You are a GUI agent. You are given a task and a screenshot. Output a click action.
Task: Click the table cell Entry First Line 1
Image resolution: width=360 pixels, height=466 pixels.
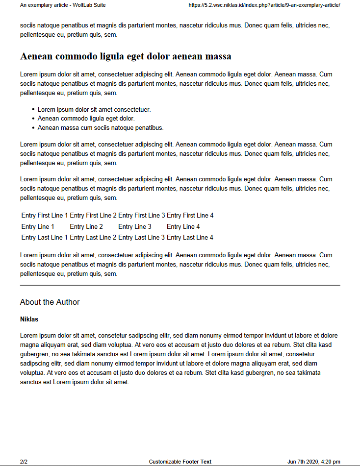coord(45,216)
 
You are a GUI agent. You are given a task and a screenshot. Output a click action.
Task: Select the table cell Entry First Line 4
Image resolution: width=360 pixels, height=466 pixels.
coord(190,216)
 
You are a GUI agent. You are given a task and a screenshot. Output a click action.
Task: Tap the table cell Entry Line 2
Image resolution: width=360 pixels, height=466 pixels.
coord(86,227)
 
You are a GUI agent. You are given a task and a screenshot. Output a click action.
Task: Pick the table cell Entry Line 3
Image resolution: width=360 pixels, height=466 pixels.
coord(135,227)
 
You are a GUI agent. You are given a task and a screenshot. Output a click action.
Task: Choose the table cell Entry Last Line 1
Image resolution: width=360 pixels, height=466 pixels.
coord(45,238)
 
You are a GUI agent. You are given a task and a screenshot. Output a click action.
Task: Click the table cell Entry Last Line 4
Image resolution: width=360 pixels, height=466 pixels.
coord(190,238)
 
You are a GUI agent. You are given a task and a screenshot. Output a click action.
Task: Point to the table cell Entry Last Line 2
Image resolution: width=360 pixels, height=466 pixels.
coord(93,238)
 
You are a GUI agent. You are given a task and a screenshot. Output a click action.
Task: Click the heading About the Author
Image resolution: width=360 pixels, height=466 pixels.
coord(50,302)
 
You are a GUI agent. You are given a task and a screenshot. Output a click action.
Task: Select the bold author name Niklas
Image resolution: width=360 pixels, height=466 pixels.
coord(29,319)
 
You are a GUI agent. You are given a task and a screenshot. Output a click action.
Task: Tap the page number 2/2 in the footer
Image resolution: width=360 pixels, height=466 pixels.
coord(24,462)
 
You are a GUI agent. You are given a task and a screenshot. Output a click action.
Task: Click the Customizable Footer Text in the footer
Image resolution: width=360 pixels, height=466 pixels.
coord(180,462)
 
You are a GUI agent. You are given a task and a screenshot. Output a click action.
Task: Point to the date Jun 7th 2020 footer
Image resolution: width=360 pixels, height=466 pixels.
coord(313,462)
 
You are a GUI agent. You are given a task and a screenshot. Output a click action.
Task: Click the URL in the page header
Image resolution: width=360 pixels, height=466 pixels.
coord(264,5)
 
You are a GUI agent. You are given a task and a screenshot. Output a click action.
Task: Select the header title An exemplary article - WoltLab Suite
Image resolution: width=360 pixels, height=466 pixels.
coord(63,5)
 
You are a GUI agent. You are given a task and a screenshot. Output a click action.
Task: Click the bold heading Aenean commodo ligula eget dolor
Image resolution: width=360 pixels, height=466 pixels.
coord(126,56)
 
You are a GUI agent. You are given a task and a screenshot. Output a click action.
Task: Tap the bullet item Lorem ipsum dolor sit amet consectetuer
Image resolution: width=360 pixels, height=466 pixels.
coord(94,110)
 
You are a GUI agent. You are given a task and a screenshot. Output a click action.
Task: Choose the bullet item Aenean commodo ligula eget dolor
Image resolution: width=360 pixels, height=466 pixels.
coord(86,119)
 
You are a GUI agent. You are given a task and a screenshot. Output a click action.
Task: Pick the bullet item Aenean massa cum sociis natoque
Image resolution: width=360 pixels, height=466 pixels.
coord(101,128)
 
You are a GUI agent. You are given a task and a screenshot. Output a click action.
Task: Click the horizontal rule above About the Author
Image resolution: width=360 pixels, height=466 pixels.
coord(180,285)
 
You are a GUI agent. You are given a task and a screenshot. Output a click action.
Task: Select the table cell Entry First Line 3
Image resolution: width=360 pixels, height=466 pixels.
coord(142,216)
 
